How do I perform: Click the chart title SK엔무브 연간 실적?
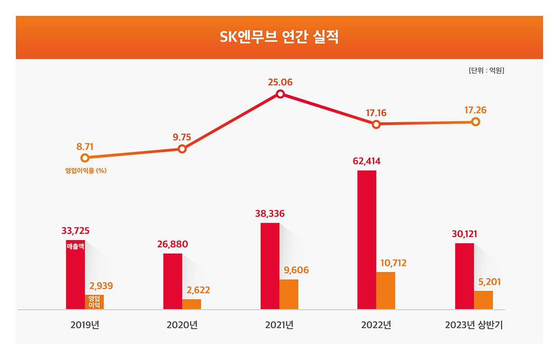[279, 37]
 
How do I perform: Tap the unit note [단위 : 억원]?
[486, 71]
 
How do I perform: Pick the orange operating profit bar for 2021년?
[289, 294]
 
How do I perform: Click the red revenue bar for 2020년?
[173, 281]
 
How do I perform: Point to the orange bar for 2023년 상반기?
[483, 300]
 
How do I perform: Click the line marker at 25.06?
[280, 94]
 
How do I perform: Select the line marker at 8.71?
[84, 158]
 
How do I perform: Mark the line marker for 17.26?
[475, 122]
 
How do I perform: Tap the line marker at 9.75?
[182, 149]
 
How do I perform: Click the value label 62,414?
[367, 161]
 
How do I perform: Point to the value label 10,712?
[391, 263]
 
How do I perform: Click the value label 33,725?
[75, 231]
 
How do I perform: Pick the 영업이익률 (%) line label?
[86, 171]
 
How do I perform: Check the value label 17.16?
[376, 113]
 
